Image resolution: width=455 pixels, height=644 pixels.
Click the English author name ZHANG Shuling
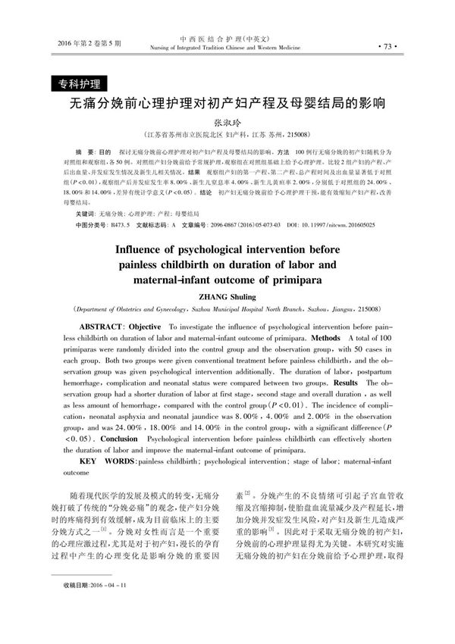click(x=227, y=297)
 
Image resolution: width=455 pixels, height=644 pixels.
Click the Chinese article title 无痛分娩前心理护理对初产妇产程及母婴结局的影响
click(x=227, y=103)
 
